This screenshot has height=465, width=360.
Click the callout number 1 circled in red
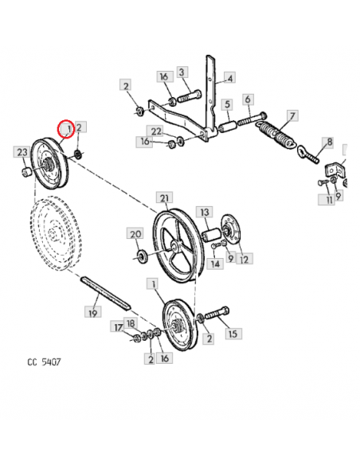tap(68, 129)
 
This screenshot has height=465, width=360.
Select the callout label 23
tap(22, 152)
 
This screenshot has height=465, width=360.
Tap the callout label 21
tap(164, 197)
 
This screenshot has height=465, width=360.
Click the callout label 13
tap(205, 212)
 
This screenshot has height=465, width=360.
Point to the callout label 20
tap(135, 233)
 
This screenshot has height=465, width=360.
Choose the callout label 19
tap(93, 313)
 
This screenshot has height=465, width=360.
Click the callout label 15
tap(233, 334)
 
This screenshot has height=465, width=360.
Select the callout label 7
tap(292, 116)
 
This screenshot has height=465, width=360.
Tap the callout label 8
tap(330, 142)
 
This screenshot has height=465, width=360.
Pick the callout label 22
tap(156, 131)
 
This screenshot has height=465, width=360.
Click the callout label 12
tap(244, 260)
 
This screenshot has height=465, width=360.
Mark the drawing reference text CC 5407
tap(44, 362)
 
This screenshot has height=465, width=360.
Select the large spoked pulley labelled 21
tap(178, 245)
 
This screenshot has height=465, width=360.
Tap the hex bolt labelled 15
tap(217, 314)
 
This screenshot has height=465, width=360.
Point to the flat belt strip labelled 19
tap(105, 293)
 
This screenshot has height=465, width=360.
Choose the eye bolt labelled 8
tap(308, 154)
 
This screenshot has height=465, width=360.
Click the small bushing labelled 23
tap(26, 172)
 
